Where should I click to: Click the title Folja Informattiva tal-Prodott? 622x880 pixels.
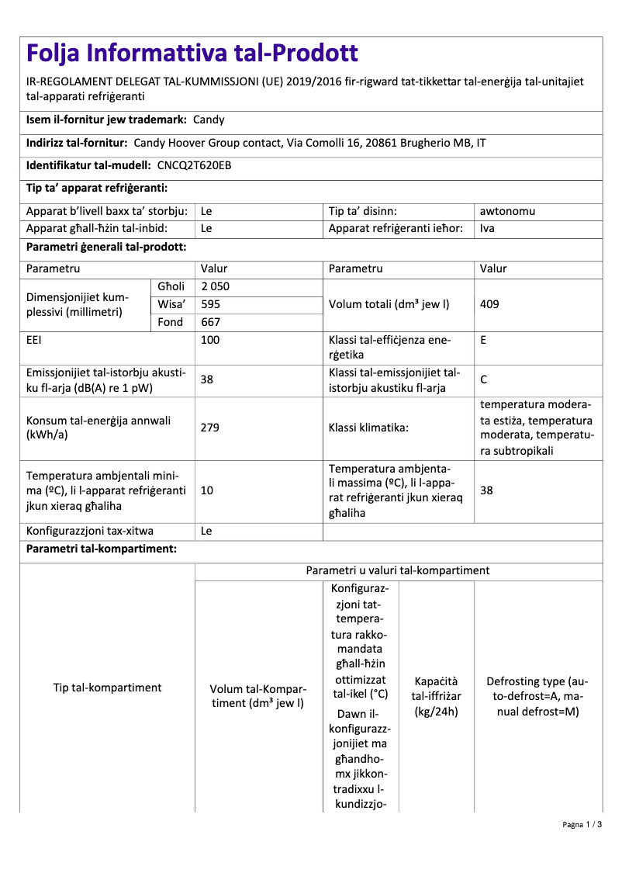pos(192,53)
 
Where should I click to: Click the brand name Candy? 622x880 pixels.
pos(209,120)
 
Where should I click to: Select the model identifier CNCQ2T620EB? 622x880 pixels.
pos(194,165)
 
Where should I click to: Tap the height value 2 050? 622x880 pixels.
pos(215,286)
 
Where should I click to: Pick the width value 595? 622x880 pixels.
pos(210,304)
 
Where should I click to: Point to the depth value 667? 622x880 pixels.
pos(210,322)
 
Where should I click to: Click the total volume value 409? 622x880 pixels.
pos(489,304)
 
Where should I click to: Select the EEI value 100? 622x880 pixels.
pos(210,340)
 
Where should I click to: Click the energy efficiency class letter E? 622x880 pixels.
pos(484,340)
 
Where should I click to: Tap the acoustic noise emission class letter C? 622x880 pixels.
pos(484,379)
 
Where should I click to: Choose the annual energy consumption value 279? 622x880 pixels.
pos(210,427)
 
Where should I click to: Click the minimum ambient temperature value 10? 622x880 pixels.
pos(207,490)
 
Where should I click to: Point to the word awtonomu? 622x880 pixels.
pos(507,211)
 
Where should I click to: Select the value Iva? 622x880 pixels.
pos(487,228)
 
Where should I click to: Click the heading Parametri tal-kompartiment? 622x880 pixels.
pos(102,549)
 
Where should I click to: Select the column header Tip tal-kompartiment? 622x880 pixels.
pos(107,688)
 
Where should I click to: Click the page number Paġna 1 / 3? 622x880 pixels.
pos(582,824)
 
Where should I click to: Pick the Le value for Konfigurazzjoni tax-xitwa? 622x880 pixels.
pos(206,532)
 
